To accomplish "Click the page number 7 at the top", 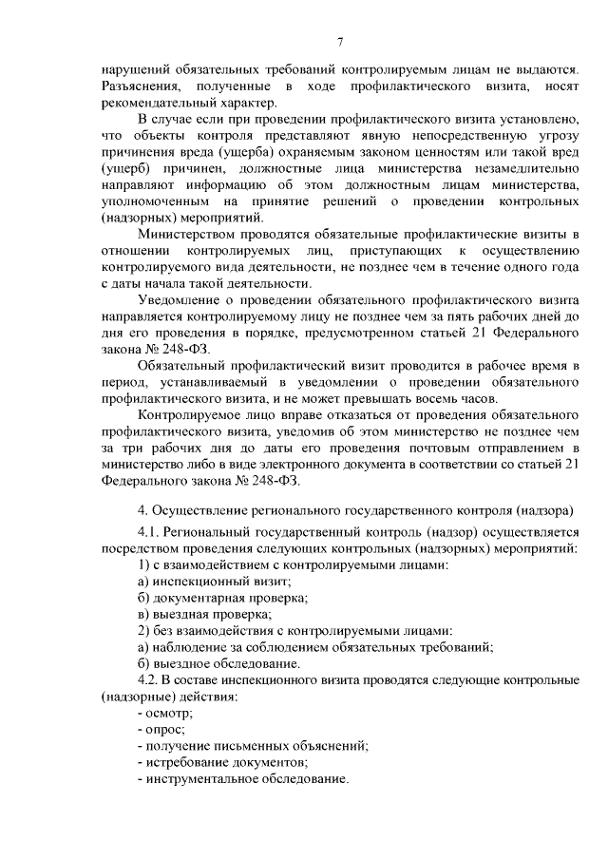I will (339, 40).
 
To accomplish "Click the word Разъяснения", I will (140, 87).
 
